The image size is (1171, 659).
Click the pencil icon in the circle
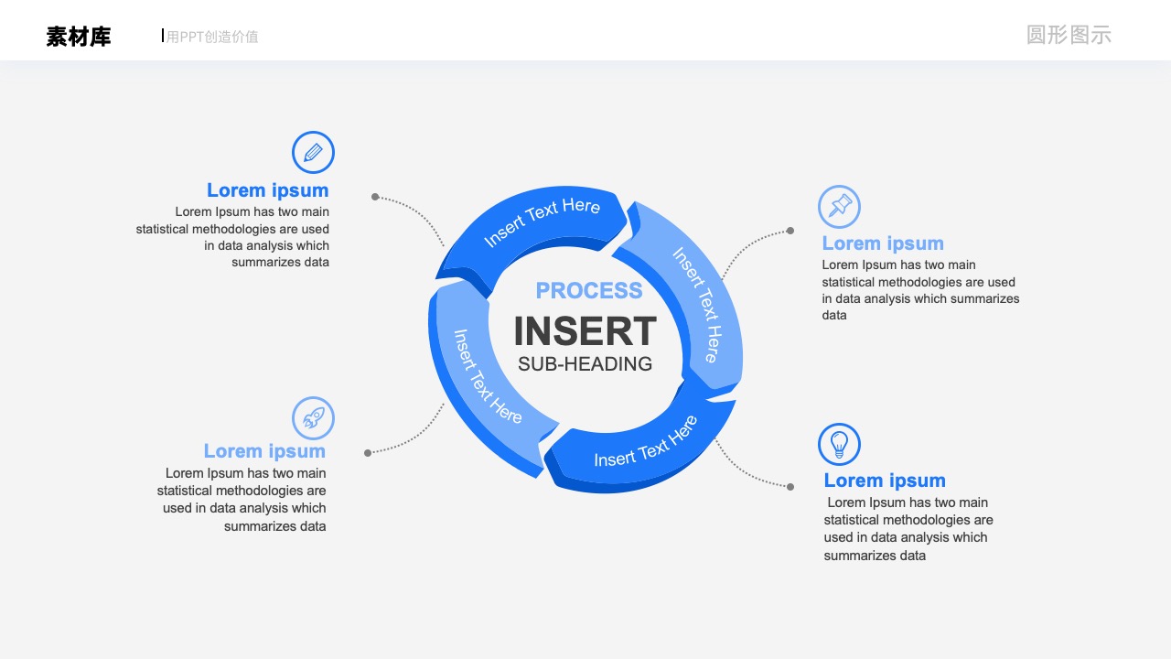313,152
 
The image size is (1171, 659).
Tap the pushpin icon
839,207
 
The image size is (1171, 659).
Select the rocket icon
313,418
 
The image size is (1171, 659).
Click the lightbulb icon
839,444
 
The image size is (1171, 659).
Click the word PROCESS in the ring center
589,291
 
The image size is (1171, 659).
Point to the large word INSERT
585,331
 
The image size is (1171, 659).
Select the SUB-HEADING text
585,364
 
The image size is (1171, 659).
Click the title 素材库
79,37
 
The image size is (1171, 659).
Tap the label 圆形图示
1069,35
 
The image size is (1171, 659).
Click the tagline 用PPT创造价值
212,37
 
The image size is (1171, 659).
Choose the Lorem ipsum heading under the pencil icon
268,190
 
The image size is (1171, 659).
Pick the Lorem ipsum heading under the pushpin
883,243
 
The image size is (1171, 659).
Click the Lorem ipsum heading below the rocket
264,451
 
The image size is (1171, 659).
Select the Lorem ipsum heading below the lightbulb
885,481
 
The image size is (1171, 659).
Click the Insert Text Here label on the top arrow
542,221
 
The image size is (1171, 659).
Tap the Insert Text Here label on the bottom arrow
646,442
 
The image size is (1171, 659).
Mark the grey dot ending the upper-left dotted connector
375,197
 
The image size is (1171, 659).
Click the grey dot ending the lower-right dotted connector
790,487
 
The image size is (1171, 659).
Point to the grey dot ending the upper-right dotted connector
790,231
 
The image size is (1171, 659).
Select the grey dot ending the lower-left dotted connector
368,453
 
